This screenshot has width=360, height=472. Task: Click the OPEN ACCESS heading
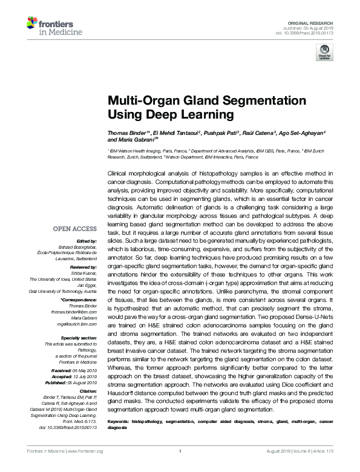[75, 228]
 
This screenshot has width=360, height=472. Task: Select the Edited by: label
[85, 240]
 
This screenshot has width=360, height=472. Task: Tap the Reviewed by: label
[82, 267]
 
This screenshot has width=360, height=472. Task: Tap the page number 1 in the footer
[180, 468]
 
